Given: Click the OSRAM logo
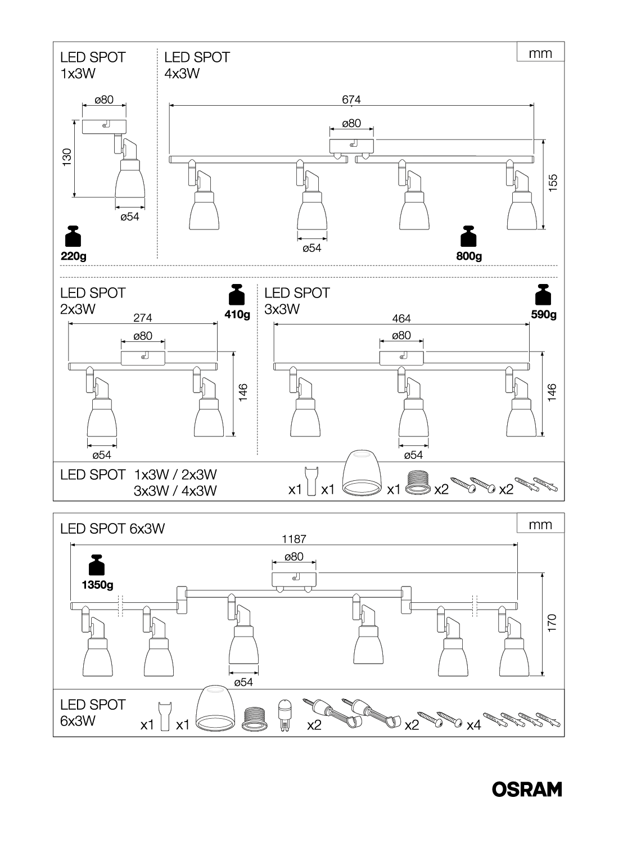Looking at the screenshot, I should click(527, 790).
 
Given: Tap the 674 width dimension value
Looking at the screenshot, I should click(351, 100).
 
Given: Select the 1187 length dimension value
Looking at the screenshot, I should click(294, 539).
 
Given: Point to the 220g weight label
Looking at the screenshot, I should click(73, 256).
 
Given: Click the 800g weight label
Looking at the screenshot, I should click(469, 256).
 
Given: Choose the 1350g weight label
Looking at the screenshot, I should click(97, 585).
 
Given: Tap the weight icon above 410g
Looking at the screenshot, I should click(237, 296).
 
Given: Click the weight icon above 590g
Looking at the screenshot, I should click(543, 296).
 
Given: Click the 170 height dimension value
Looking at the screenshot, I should click(552, 621).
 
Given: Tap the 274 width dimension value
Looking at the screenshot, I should click(143, 318).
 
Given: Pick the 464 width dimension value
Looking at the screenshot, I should click(401, 318).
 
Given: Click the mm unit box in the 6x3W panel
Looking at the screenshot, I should click(540, 524).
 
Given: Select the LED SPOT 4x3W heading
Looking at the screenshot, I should click(197, 65).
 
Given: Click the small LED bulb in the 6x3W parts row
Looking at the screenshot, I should click(285, 713).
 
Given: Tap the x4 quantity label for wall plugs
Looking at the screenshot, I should click(474, 725).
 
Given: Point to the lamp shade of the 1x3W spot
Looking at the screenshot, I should click(129, 185).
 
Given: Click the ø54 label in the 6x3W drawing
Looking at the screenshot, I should click(243, 682).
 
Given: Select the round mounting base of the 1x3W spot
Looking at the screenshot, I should click(104, 126).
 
